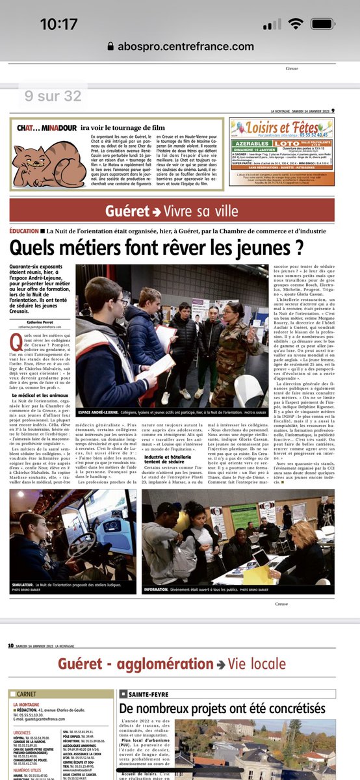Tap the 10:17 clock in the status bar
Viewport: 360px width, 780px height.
point(58,24)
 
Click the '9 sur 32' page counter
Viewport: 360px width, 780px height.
point(53,96)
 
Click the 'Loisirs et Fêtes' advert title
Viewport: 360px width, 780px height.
point(289,127)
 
